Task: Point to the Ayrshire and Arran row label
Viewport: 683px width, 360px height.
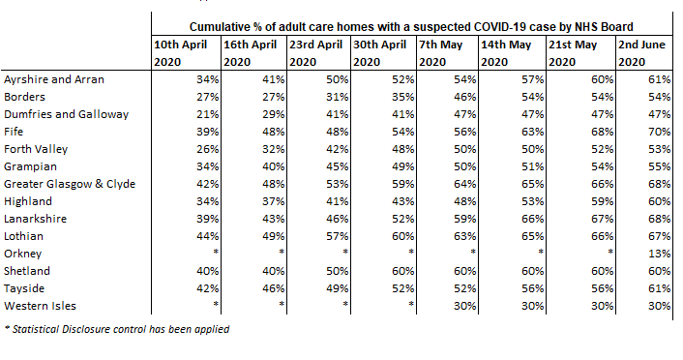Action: click(x=54, y=78)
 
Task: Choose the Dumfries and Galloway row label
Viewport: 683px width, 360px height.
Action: click(x=67, y=114)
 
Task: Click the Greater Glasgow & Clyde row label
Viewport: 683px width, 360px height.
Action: click(x=70, y=184)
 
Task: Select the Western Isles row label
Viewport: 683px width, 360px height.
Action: click(x=41, y=306)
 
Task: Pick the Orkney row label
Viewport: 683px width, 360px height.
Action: click(x=25, y=254)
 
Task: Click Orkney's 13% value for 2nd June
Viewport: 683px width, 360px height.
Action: click(x=662, y=254)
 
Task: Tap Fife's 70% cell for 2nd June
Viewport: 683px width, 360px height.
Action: click(x=662, y=132)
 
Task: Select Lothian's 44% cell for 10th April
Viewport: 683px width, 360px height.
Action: click(x=208, y=236)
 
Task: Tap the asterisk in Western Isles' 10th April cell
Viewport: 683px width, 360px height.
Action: click(x=218, y=306)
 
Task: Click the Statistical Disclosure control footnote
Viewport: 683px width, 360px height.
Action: click(x=118, y=330)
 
